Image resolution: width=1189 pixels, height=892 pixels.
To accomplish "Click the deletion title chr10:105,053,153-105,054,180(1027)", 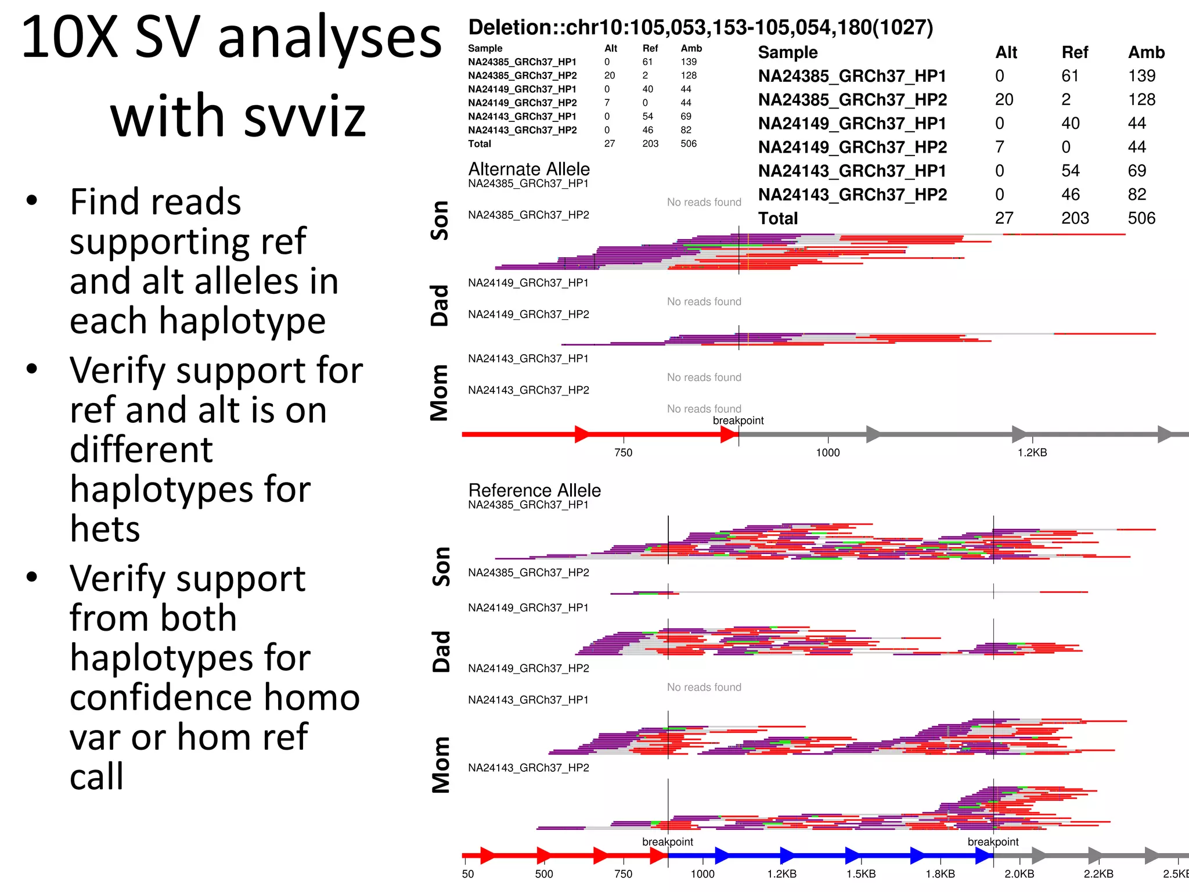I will tap(700, 27).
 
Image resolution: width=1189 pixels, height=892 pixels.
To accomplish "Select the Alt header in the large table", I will tap(1006, 52).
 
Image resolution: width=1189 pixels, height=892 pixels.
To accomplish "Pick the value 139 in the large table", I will tap(1141, 76).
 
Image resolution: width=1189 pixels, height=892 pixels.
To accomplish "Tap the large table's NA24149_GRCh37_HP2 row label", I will tap(852, 148).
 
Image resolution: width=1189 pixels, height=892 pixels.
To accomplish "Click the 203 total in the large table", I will tap(1075, 218).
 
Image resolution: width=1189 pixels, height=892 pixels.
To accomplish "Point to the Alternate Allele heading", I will tap(528, 169).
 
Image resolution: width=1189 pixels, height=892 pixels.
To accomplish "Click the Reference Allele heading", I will tap(534, 490).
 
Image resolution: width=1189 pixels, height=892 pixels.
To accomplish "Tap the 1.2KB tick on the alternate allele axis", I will tap(1032, 452).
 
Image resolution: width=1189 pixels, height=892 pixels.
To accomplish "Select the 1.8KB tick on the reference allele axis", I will tap(939, 874).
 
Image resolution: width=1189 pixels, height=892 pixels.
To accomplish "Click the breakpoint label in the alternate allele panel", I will tap(738, 420).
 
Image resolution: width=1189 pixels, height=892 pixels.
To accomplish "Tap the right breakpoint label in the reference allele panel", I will tap(993, 842).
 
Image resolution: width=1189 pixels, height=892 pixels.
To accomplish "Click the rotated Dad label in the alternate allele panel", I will tap(439, 305).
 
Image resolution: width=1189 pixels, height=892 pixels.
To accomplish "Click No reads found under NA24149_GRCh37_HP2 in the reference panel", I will tap(704, 688).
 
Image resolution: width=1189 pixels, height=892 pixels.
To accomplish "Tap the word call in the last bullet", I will tap(96, 776).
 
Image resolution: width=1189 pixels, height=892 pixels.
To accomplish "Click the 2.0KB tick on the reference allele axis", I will tap(1019, 874).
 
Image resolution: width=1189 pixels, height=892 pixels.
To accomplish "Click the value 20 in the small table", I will tap(609, 75).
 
